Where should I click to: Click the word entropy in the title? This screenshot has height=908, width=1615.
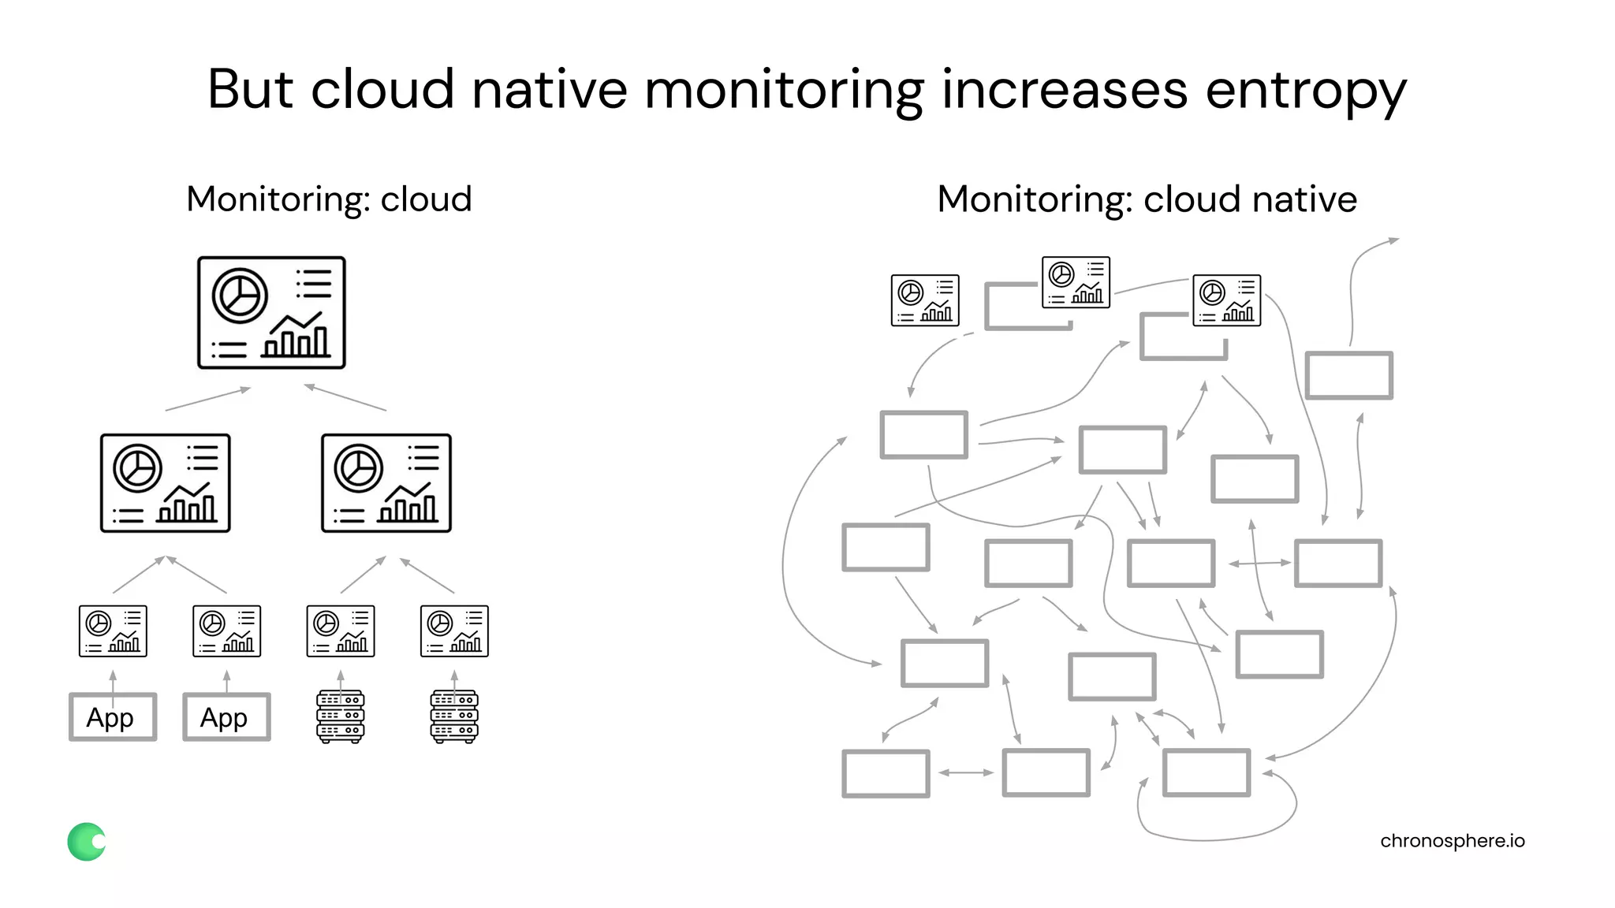[1305, 91]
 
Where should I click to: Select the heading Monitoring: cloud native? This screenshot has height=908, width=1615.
[1147, 199]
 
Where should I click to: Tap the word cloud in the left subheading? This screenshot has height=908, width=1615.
[426, 199]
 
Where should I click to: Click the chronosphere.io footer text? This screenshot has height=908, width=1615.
[1452, 841]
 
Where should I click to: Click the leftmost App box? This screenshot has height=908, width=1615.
[113, 717]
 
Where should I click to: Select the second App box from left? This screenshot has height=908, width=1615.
[226, 717]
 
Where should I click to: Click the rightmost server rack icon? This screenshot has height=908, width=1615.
[454, 716]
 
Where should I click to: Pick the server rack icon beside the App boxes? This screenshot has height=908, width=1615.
[340, 716]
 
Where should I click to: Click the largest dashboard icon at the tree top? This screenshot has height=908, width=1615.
[271, 312]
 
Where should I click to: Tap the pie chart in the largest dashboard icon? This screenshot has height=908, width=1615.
[240, 296]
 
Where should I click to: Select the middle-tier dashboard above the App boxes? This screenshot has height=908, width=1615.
[166, 483]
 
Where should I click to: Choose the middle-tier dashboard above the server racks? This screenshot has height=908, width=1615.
[386, 483]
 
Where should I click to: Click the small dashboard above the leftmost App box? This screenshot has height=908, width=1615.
[113, 631]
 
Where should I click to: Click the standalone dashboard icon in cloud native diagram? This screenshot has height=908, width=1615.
[925, 300]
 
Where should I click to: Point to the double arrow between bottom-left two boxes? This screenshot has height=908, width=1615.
[966, 772]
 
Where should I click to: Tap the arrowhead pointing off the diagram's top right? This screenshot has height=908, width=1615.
[1393, 240]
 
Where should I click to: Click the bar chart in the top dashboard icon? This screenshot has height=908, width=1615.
[296, 337]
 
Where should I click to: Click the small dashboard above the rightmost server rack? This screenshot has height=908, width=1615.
[454, 631]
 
